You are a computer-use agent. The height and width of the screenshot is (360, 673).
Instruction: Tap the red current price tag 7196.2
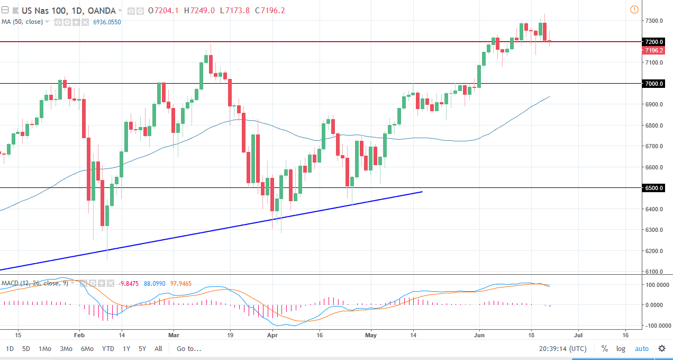(x=654, y=50)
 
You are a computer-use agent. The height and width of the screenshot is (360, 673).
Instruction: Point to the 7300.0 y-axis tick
(x=654, y=21)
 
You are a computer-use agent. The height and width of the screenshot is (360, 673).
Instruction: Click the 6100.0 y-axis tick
(x=654, y=272)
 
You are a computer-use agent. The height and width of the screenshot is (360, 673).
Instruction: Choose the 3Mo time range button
(x=66, y=348)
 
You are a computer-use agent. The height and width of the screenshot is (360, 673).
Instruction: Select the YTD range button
(x=108, y=348)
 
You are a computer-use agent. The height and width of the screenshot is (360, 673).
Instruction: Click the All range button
(x=158, y=348)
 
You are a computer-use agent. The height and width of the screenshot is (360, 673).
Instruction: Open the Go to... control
(x=189, y=348)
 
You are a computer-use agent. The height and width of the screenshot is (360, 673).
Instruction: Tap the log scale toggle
(x=621, y=348)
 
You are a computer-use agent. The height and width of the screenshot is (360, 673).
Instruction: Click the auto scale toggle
(x=641, y=348)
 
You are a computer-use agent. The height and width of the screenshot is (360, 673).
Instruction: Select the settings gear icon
(x=661, y=348)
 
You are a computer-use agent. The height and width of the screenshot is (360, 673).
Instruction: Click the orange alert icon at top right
(x=634, y=10)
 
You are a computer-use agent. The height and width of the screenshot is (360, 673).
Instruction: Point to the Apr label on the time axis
(x=272, y=335)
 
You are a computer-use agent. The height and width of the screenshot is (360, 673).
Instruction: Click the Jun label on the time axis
(x=479, y=335)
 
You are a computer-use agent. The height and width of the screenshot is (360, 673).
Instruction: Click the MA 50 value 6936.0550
(x=106, y=22)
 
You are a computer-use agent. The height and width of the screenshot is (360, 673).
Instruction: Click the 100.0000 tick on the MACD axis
(x=656, y=285)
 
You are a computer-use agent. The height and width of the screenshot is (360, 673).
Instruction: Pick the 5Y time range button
(x=142, y=348)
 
